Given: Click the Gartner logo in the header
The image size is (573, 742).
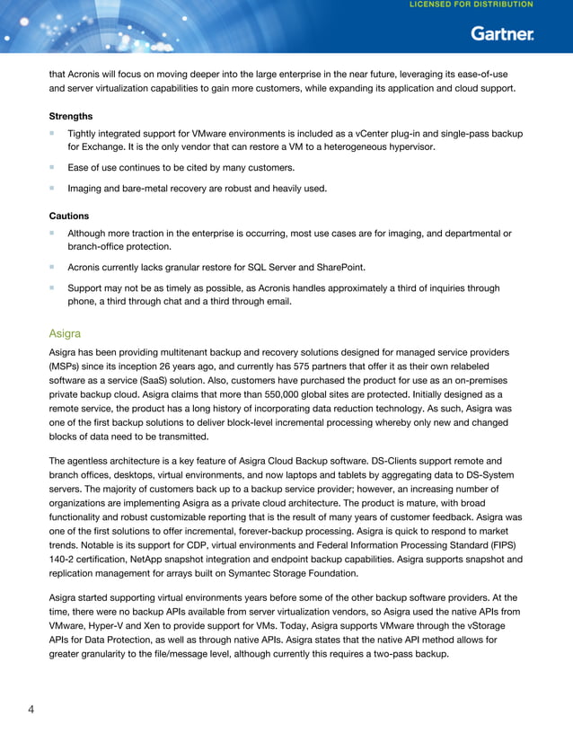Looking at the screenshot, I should (503, 34).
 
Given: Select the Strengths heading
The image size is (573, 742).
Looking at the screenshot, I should (70, 116).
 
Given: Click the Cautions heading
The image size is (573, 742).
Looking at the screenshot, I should (68, 216).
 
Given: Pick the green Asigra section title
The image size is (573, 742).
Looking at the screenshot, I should (65, 332).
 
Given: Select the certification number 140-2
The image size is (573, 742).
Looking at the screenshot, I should (64, 545).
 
